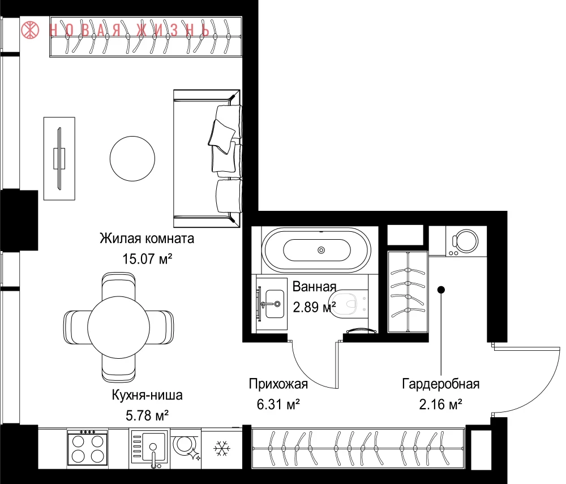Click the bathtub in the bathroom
(316, 250)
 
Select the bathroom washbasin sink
(273, 304)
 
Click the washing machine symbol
(465, 241)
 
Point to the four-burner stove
(87, 448)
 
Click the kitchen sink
(149, 448)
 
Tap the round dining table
(118, 327)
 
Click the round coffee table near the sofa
(132, 158)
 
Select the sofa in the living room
(207, 158)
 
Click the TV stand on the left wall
(59, 158)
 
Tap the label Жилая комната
(147, 239)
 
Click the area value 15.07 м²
(147, 259)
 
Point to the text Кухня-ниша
(147, 395)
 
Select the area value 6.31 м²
(278, 404)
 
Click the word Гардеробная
(441, 384)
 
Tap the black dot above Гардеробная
(441, 290)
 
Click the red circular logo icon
(30, 30)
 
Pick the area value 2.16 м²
(441, 404)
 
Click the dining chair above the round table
(118, 286)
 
